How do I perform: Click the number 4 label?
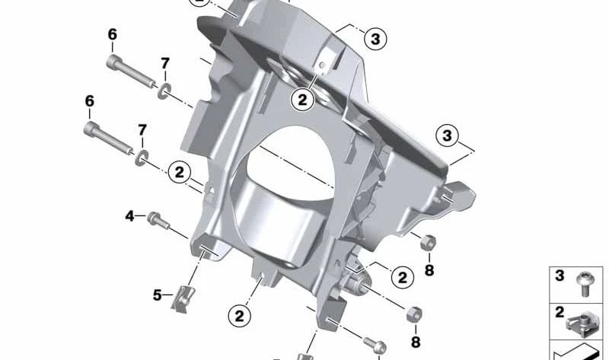click(x=129, y=216)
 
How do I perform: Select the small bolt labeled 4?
click(x=158, y=220)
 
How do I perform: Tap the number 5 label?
click(x=157, y=295)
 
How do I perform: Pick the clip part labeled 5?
click(x=183, y=298)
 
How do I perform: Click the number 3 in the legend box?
click(x=560, y=276)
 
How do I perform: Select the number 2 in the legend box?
click(x=560, y=312)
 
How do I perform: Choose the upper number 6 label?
click(x=112, y=34)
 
